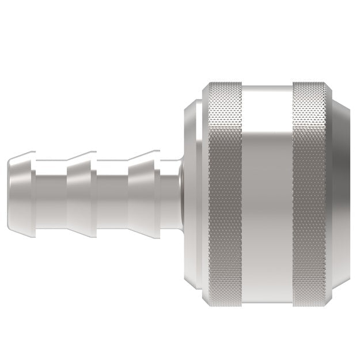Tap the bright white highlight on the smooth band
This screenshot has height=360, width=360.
coord(266,109)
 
